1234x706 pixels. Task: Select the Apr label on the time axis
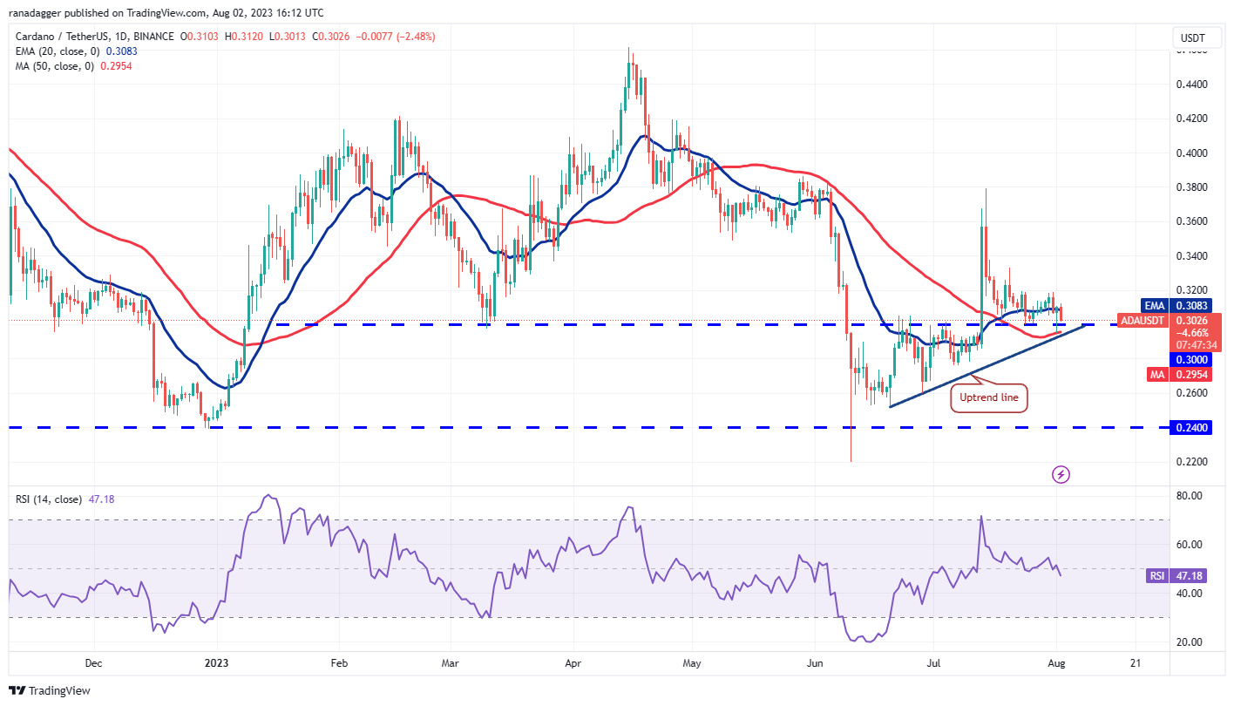574,662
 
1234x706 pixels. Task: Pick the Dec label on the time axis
94,662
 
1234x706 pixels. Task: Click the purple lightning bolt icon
1061,474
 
